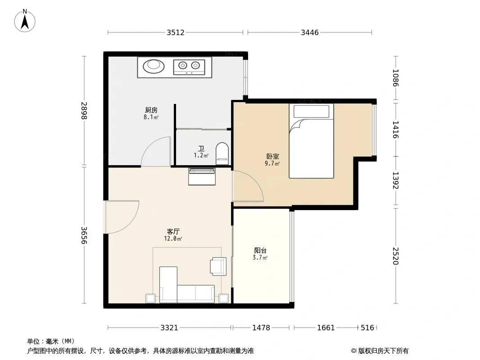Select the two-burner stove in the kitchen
[x=189, y=67]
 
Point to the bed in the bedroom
[x=311, y=141]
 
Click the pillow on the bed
[x=311, y=112]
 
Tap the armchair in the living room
[x=218, y=266]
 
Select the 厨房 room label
[x=151, y=110]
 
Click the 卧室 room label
[x=272, y=156]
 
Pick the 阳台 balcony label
[x=260, y=251]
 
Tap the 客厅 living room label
[x=173, y=232]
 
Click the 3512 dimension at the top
[x=176, y=32]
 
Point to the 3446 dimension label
[x=310, y=32]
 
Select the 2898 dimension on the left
[x=84, y=110]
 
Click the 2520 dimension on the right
[x=395, y=256]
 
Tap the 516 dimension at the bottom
[x=367, y=328]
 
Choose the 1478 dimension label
[x=261, y=328]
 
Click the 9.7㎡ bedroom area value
[x=272, y=164]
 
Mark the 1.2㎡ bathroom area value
[x=201, y=156]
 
